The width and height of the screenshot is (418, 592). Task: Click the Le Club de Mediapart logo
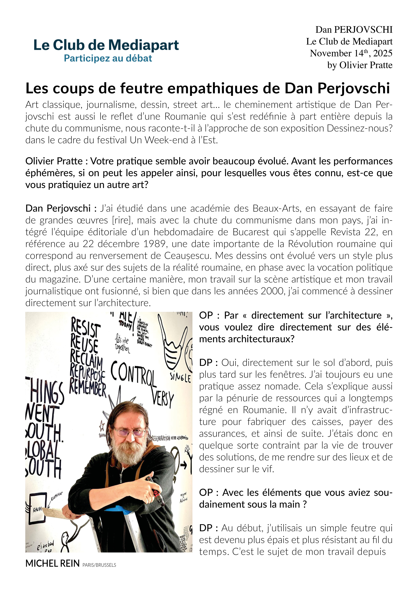click(x=106, y=45)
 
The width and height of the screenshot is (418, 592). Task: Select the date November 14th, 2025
click(x=351, y=53)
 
